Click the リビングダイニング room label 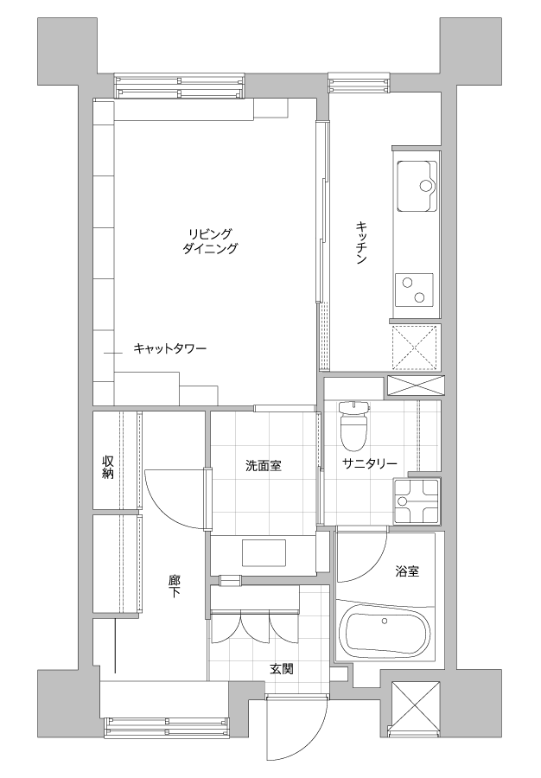pos(210,241)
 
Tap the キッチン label pos(361,243)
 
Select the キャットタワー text pos(169,349)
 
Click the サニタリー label pos(370,464)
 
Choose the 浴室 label pos(407,571)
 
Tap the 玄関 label pos(281,669)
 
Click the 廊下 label pos(174,586)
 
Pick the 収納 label pos(108,467)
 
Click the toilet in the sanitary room pos(354,424)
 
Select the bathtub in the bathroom pos(385,631)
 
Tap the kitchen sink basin pos(416,186)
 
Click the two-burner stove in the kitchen pos(414,290)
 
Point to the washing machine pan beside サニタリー pos(416,501)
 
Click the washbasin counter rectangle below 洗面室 pos(264,552)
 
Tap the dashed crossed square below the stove pos(415,348)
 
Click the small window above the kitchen pos(359,82)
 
